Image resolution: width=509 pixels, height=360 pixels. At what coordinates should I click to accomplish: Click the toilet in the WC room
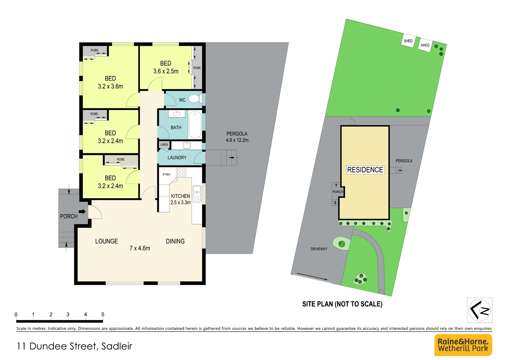pyautogui.click(x=194, y=99)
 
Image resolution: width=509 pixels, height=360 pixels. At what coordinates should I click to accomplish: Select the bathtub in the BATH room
pyautogui.click(x=195, y=125)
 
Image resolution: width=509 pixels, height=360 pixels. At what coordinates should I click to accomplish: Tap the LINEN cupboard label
pyautogui.click(x=164, y=145)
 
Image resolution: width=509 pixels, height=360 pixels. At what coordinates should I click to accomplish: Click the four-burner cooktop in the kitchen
pyautogui.click(x=182, y=172)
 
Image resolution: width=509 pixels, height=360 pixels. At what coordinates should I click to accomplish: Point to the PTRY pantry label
pyautogui.click(x=167, y=175)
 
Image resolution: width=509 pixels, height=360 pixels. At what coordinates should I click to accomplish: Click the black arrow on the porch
pyautogui.click(x=82, y=211)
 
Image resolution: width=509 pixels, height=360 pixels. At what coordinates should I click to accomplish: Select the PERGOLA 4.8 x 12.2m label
pyautogui.click(x=237, y=137)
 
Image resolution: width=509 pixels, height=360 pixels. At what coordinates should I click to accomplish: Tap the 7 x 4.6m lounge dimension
pyautogui.click(x=140, y=248)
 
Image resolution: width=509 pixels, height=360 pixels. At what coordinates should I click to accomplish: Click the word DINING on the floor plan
pyautogui.click(x=175, y=241)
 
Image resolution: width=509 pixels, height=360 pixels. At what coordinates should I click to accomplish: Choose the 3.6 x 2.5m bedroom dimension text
pyautogui.click(x=166, y=71)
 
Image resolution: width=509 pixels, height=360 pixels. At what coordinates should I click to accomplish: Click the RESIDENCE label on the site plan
pyautogui.click(x=365, y=170)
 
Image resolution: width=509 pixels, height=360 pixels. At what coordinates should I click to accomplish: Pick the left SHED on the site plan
pyautogui.click(x=408, y=41)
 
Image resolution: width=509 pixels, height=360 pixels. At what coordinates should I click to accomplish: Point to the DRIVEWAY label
pyautogui.click(x=319, y=249)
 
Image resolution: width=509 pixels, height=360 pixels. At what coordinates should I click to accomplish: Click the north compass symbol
pyautogui.click(x=480, y=310)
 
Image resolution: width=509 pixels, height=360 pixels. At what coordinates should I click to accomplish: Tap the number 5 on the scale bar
pyautogui.click(x=103, y=314)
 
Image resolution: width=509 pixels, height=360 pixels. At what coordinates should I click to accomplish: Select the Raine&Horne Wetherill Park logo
pyautogui.click(x=463, y=345)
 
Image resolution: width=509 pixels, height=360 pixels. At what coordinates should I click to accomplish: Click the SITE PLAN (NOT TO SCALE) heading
pyautogui.click(x=342, y=304)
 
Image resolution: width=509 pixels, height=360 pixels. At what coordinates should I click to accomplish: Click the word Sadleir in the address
pyautogui.click(x=117, y=346)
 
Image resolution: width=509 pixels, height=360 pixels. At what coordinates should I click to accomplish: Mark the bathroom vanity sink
pyautogui.click(x=176, y=114)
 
